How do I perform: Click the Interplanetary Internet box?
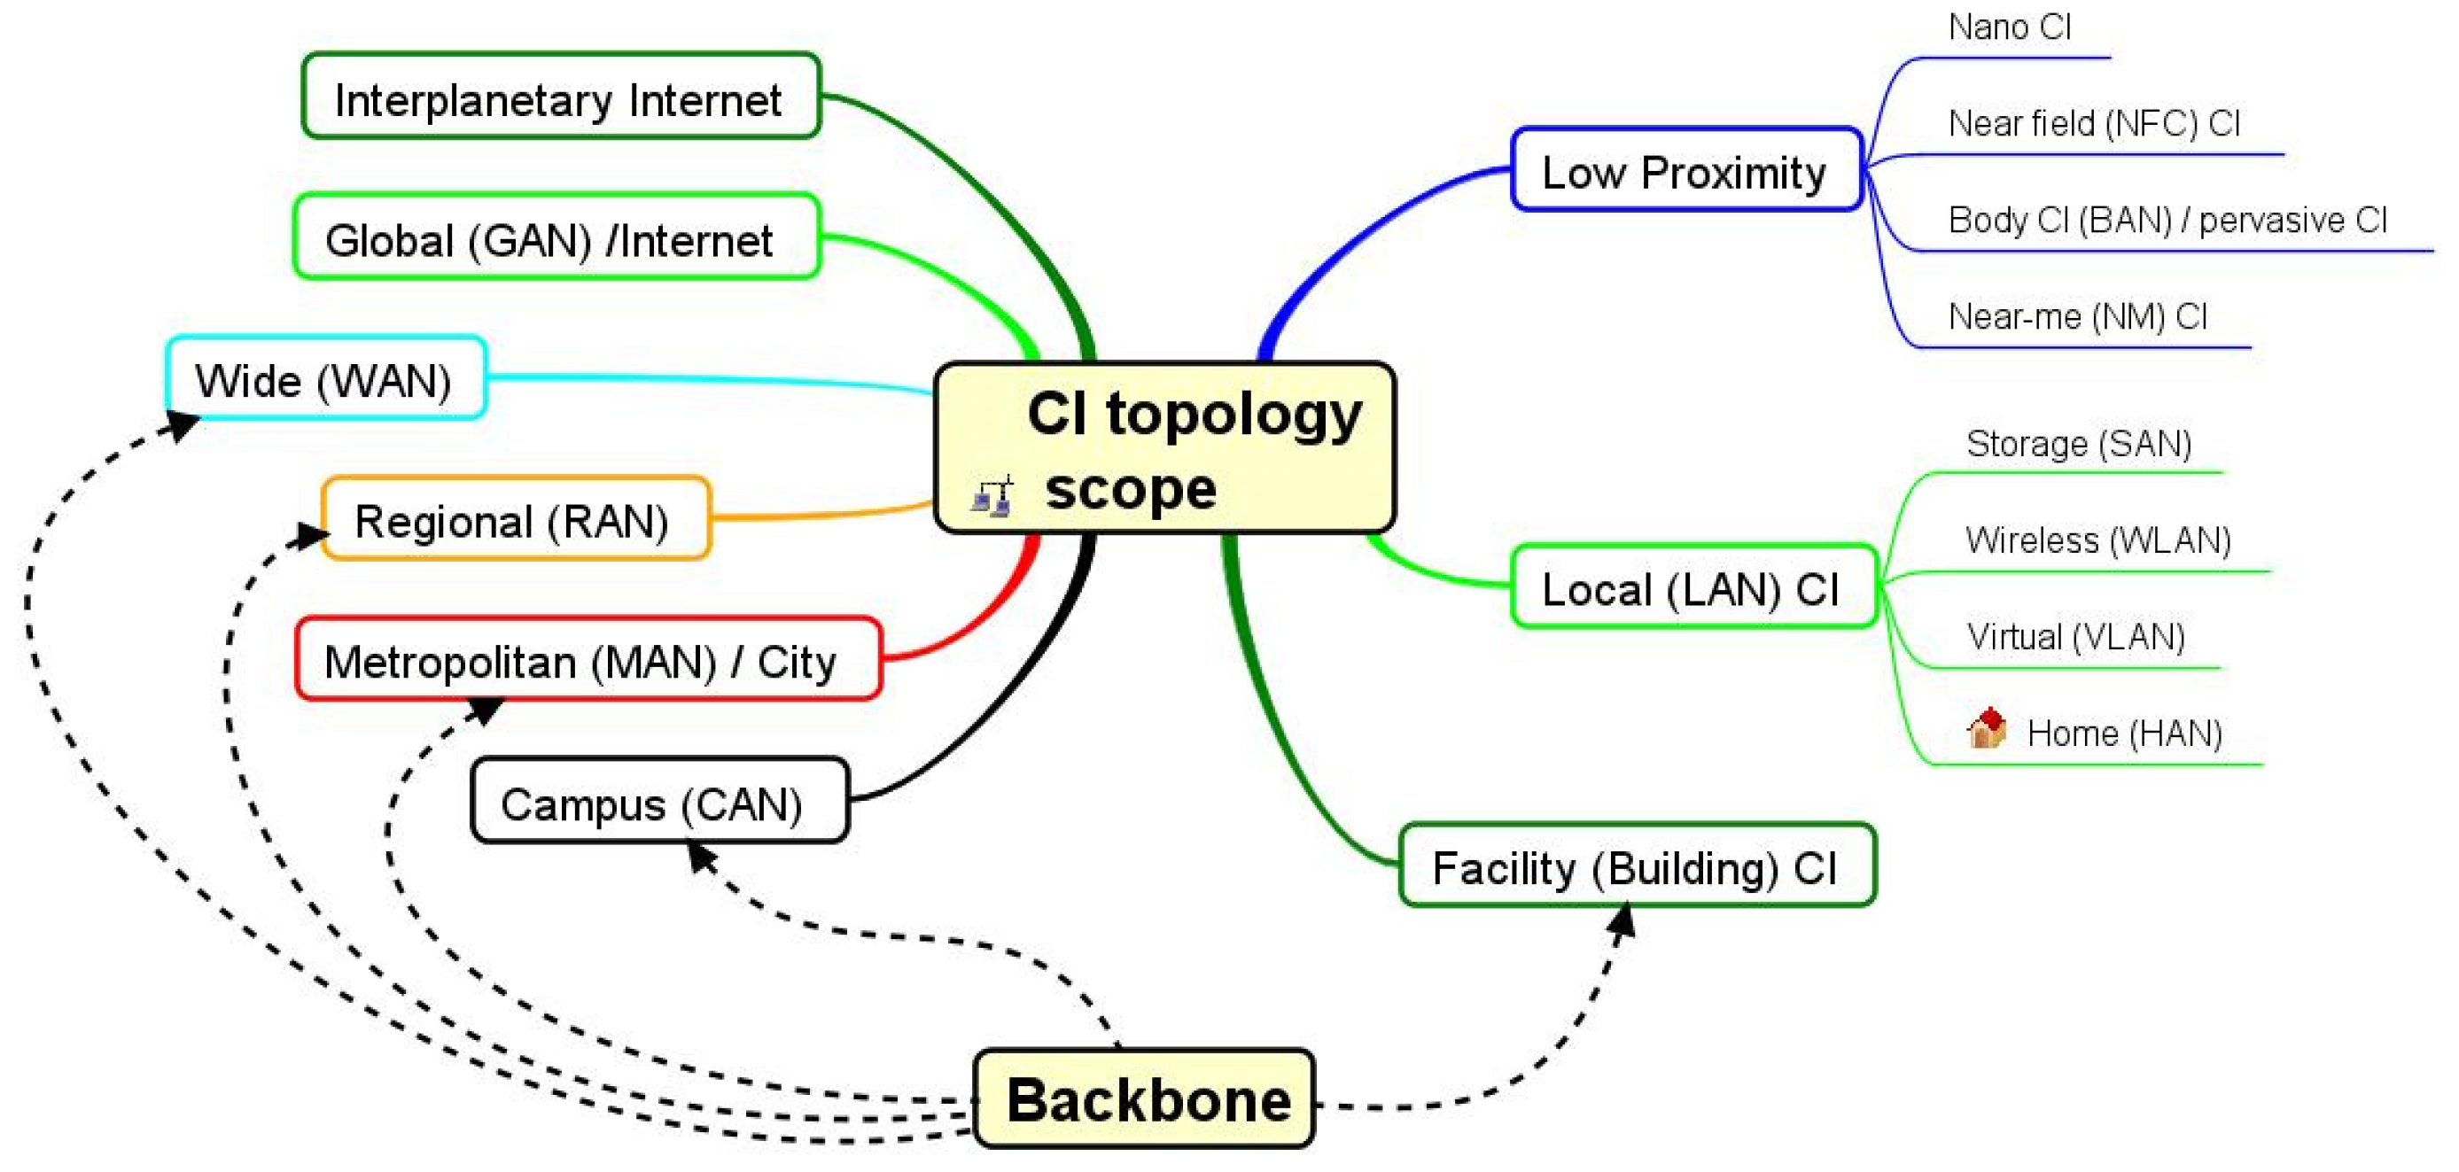pos(560,97)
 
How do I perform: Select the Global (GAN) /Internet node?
pos(556,237)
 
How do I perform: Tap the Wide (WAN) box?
pos(326,379)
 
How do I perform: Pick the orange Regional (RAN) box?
pos(516,519)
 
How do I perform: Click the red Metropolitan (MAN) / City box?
pos(588,659)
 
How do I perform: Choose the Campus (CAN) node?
pos(659,802)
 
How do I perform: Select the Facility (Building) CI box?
pos(1636,865)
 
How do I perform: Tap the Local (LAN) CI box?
pos(1693,588)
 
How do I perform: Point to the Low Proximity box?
pos(1685,171)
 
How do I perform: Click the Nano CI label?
pos(2009,27)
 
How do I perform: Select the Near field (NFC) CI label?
pos(2092,124)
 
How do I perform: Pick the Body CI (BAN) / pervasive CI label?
pos(2167,221)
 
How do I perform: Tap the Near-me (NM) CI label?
pos(2077,317)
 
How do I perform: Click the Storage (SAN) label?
pos(2078,444)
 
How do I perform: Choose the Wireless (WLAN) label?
pos(2097,540)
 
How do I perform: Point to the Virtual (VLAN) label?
pos(2075,637)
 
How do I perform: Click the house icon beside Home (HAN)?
pos(1987,729)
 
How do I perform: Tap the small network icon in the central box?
pos(992,495)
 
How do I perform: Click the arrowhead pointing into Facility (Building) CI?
pos(1622,922)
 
